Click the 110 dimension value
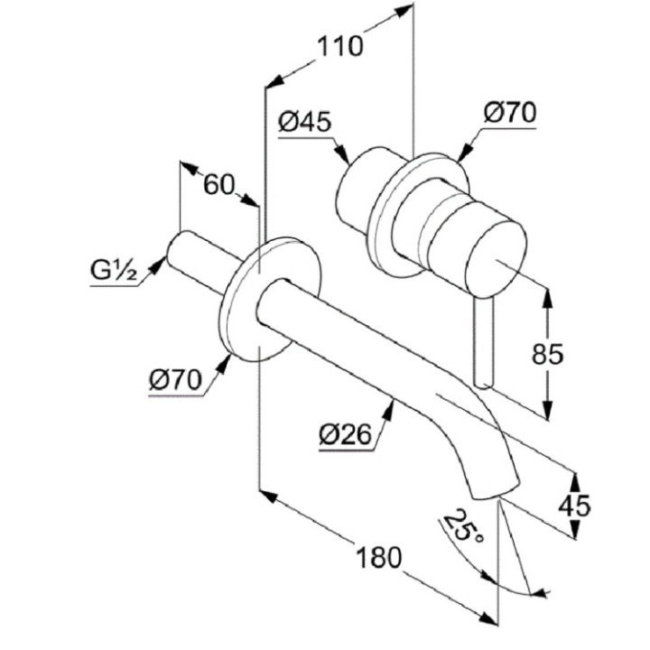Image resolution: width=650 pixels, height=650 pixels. pyautogui.click(x=341, y=45)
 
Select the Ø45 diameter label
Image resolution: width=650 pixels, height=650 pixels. pyautogui.click(x=304, y=122)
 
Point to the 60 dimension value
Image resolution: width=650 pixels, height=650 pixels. pyautogui.click(x=218, y=184)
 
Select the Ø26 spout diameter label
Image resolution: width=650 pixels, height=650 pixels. pyautogui.click(x=345, y=435)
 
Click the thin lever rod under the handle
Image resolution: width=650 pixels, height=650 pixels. pyautogui.click(x=485, y=343)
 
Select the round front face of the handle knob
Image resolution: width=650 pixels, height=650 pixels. pyautogui.click(x=493, y=256)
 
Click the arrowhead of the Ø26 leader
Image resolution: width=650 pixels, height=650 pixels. pyautogui.click(x=390, y=406)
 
